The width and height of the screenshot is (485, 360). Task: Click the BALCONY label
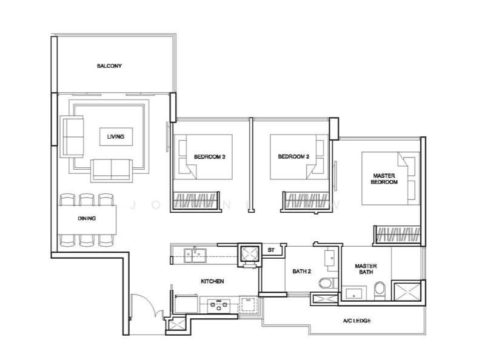pyautogui.click(x=110, y=65)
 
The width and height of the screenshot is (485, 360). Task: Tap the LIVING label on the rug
pyautogui.click(x=115, y=137)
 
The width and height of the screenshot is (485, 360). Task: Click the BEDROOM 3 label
pyautogui.click(x=210, y=157)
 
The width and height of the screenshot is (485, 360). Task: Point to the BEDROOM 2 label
pyautogui.click(x=293, y=157)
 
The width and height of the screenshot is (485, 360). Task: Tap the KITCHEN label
pyautogui.click(x=213, y=282)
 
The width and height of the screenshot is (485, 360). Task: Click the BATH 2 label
pyautogui.click(x=301, y=272)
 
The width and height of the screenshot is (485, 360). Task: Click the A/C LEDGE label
pyautogui.click(x=356, y=320)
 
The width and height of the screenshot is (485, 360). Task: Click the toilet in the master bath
pyautogui.click(x=378, y=289)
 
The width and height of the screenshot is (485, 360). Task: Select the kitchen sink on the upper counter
pyautogui.click(x=195, y=255)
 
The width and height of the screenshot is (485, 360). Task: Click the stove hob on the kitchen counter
pyautogui.click(x=216, y=305)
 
